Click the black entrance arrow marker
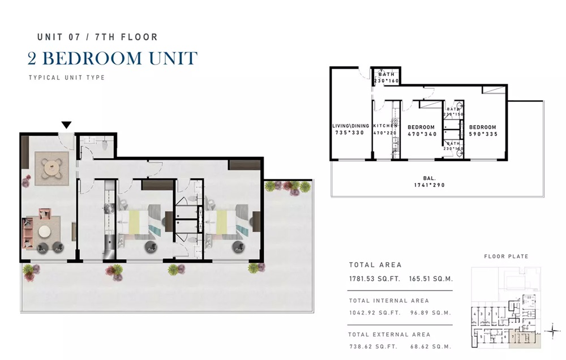click(x=67, y=125)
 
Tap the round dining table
click(x=53, y=168)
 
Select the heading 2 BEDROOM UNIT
click(x=113, y=58)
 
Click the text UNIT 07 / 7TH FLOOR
click(x=97, y=37)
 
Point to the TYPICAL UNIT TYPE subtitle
click(x=67, y=78)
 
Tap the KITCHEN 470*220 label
click(x=385, y=130)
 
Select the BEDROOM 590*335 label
click(x=482, y=131)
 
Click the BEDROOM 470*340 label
click(x=421, y=131)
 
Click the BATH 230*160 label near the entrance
click(x=387, y=78)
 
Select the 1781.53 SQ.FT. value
click(x=374, y=278)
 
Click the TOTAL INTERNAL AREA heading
click(x=389, y=301)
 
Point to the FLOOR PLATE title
click(x=505, y=256)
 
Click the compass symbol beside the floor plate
click(x=551, y=330)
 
